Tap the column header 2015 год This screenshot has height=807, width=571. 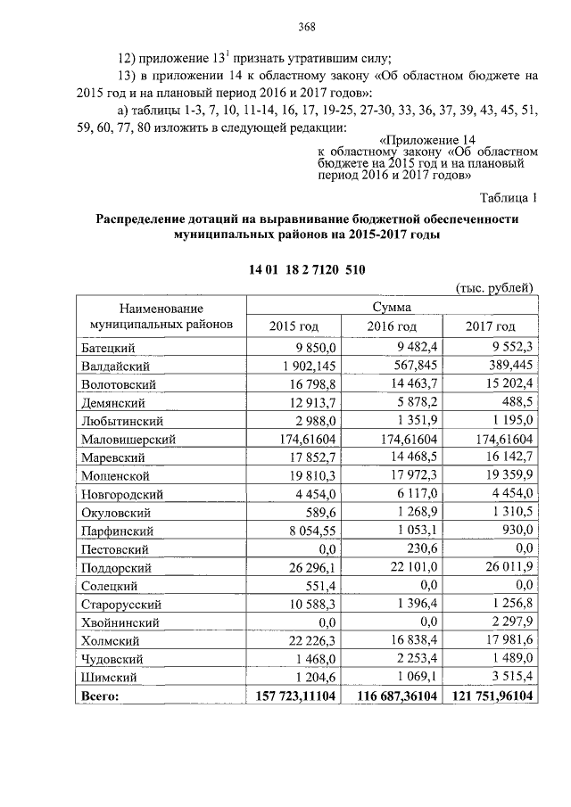(x=294, y=326)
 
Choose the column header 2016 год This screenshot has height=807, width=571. (x=392, y=326)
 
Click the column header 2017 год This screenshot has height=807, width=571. (x=490, y=326)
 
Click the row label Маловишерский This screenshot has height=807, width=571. (x=128, y=440)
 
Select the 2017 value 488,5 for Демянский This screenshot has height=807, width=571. (x=515, y=403)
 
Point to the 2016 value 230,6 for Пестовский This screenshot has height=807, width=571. (x=418, y=549)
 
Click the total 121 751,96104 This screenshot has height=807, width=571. (x=488, y=696)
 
